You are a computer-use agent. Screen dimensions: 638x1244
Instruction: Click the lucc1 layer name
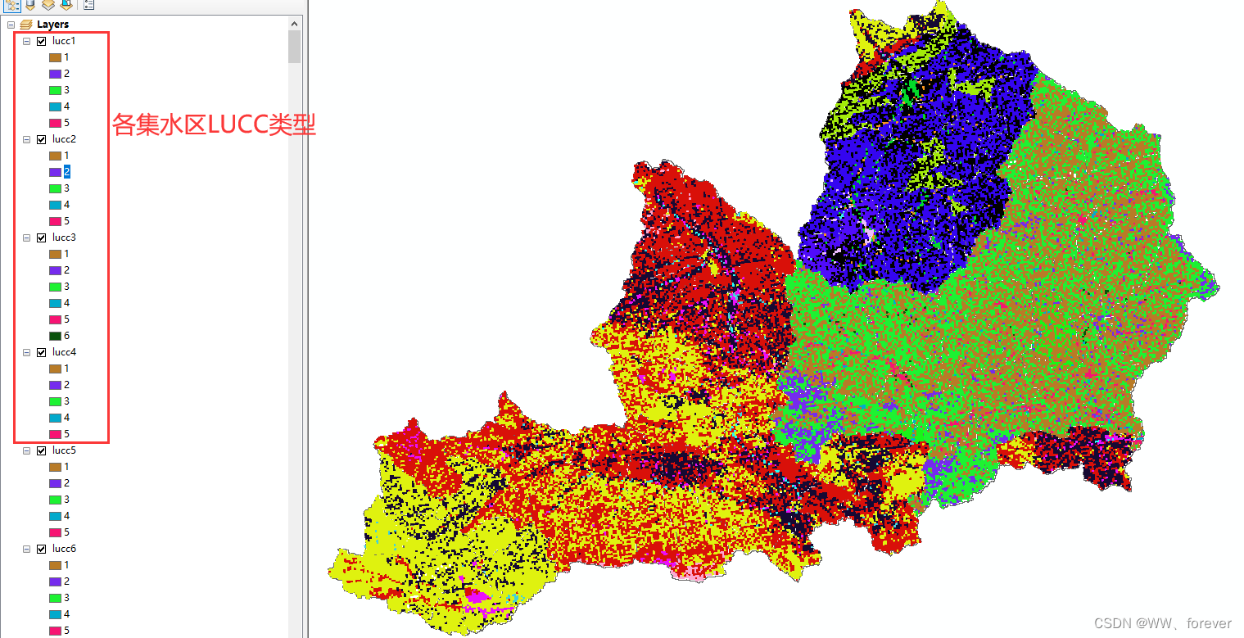click(64, 41)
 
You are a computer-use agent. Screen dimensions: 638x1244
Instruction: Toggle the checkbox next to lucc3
click(42, 238)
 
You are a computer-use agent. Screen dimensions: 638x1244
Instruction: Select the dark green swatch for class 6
click(56, 336)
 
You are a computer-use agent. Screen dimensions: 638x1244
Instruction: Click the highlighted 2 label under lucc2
click(67, 172)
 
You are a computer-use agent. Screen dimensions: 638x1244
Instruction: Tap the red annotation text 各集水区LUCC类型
click(214, 125)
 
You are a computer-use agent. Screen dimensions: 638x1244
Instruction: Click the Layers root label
click(52, 25)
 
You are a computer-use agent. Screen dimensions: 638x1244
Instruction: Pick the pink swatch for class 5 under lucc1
click(56, 123)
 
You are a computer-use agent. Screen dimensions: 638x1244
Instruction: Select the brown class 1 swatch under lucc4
click(56, 369)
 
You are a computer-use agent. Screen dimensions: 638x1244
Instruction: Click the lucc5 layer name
click(64, 450)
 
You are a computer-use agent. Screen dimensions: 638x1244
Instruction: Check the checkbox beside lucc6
click(42, 549)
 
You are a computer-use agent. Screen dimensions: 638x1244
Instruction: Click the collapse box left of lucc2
click(26, 139)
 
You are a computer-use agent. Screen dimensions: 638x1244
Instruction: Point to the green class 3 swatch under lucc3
click(56, 287)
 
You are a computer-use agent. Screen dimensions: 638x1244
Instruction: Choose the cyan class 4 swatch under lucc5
click(56, 516)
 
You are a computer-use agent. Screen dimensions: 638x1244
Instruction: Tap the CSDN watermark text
click(1163, 623)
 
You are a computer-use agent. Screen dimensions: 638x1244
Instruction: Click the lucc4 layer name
click(64, 352)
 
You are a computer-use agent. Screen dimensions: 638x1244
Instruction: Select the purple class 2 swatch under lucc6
click(56, 581)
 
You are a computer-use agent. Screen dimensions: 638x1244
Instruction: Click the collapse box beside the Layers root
click(11, 25)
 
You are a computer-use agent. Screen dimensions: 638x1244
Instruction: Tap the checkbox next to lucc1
click(42, 41)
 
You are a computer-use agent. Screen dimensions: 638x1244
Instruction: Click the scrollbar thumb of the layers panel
click(295, 47)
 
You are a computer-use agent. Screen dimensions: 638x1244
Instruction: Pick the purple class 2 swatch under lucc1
click(56, 74)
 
